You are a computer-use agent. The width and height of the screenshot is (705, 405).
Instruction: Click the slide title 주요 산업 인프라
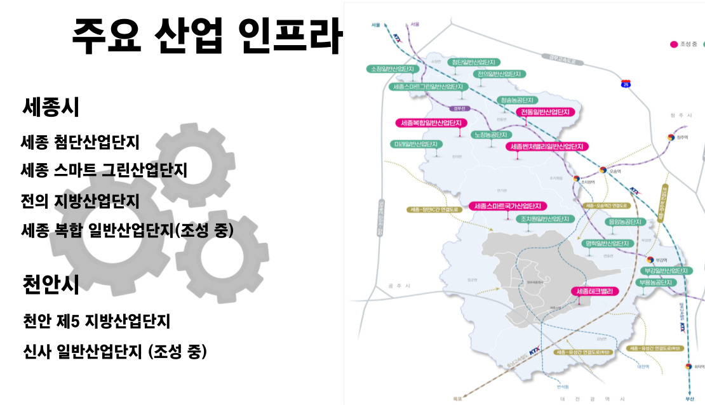point(207,36)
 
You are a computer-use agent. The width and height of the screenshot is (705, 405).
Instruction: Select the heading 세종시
point(51,107)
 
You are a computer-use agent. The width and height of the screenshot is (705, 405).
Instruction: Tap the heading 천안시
point(51,284)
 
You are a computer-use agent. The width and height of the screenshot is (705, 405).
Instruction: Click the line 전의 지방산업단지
point(80,201)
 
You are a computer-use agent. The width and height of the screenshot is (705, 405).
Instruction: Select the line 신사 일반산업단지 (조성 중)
point(114,351)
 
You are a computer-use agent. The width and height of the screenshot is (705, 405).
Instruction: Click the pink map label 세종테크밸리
point(594,291)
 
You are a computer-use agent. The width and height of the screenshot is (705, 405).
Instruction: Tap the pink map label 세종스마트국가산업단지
point(507,206)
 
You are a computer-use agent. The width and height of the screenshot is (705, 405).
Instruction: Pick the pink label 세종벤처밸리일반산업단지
point(546,147)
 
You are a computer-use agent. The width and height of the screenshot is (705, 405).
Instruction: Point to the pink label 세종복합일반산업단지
point(431,123)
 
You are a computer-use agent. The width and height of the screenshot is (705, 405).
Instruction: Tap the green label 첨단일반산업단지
point(474,62)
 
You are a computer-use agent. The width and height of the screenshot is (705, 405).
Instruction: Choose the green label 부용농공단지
point(655,282)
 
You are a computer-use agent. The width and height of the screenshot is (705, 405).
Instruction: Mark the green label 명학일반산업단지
point(608,243)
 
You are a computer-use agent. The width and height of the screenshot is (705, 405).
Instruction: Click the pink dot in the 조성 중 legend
point(675,44)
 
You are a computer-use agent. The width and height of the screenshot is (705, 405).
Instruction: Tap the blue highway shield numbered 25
point(626,83)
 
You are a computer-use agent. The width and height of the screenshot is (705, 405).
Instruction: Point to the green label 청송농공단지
point(518,100)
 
